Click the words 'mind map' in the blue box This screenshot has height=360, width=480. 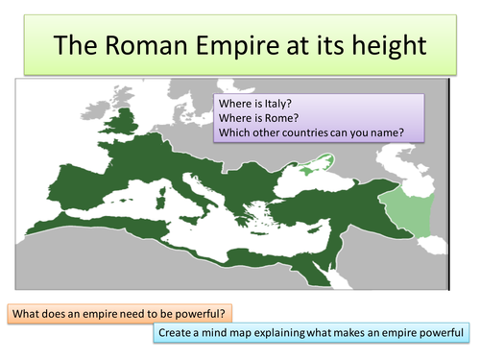click(237, 334)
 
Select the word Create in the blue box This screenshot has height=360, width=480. click(180, 334)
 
